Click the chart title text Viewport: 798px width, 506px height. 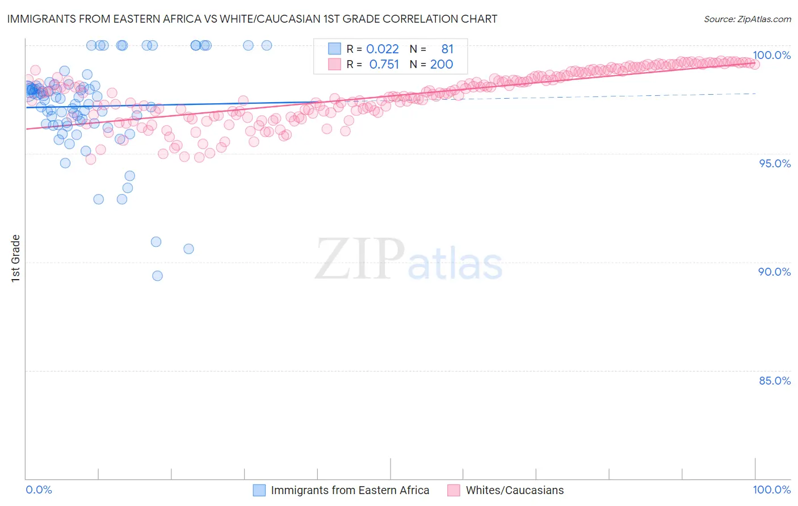pyautogui.click(x=252, y=19)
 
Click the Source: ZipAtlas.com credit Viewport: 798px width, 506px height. pyautogui.click(x=747, y=19)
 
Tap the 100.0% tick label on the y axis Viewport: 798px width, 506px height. pyautogui.click(x=771, y=55)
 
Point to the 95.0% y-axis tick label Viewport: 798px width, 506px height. pyautogui.click(x=775, y=163)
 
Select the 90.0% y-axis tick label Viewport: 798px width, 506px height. pyautogui.click(x=775, y=272)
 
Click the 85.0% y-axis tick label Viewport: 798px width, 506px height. pyautogui.click(x=775, y=381)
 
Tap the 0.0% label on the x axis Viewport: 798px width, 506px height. pyautogui.click(x=39, y=490)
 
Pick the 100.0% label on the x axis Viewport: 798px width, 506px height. pyautogui.click(x=771, y=490)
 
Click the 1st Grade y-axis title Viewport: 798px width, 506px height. pyautogui.click(x=16, y=258)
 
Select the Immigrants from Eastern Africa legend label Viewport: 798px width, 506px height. pyautogui.click(x=350, y=490)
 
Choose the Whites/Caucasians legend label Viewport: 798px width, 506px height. pyautogui.click(x=515, y=490)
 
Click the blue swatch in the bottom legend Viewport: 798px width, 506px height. pyautogui.click(x=259, y=490)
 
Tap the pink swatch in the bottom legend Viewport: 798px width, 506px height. pyautogui.click(x=453, y=490)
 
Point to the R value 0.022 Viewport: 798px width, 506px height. pyautogui.click(x=383, y=49)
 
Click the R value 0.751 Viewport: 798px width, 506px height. pyautogui.click(x=384, y=65)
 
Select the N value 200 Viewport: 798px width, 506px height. pyautogui.click(x=442, y=65)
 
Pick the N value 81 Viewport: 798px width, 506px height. pyautogui.click(x=447, y=49)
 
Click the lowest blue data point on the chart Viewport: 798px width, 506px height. pyautogui.click(x=158, y=276)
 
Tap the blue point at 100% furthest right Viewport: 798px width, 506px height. pyautogui.click(x=267, y=45)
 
